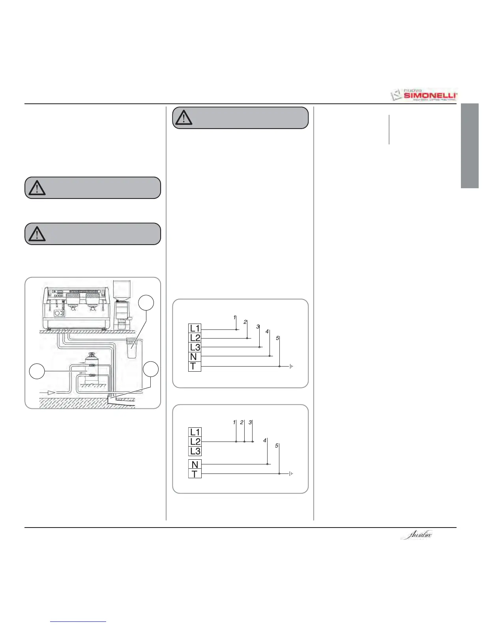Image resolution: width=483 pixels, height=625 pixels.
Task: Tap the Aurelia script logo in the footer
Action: pyautogui.click(x=416, y=535)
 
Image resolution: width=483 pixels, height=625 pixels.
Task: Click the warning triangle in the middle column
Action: pyautogui.click(x=183, y=118)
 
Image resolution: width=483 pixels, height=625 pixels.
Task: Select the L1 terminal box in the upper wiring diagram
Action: pyautogui.click(x=195, y=328)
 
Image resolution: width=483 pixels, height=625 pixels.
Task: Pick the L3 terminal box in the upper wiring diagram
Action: pyautogui.click(x=195, y=347)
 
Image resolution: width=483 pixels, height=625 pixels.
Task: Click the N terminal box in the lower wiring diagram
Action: pyautogui.click(x=195, y=464)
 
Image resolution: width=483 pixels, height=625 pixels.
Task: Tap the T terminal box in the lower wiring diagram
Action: pyautogui.click(x=195, y=474)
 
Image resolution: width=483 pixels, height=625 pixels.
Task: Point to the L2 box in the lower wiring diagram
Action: pyautogui.click(x=195, y=442)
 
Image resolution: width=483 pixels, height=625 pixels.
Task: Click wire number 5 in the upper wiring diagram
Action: pyautogui.click(x=278, y=339)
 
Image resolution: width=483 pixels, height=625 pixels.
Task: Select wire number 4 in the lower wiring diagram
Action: pyautogui.click(x=265, y=440)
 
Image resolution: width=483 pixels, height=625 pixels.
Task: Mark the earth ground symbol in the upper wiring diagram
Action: pyautogui.click(x=291, y=367)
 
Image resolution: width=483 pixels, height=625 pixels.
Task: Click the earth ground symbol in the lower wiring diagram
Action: pyautogui.click(x=291, y=473)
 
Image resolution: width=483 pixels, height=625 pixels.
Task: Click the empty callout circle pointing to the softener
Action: pyautogui.click(x=37, y=371)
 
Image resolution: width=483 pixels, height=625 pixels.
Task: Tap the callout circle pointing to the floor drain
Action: pyautogui.click(x=151, y=369)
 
